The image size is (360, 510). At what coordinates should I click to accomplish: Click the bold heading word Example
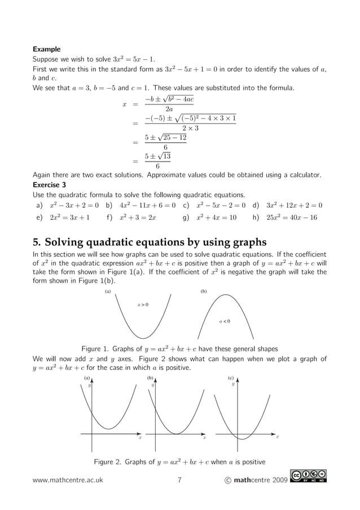tap(46, 49)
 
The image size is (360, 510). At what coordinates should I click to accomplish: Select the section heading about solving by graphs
tap(150, 242)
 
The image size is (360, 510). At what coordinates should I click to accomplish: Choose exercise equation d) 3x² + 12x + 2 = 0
tap(287, 205)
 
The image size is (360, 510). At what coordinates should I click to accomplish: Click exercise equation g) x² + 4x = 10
tap(209, 217)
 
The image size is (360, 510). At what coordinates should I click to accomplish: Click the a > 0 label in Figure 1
tap(143, 305)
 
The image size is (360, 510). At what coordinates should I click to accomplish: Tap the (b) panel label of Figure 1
tap(204, 292)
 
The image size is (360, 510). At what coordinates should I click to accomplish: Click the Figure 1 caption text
tap(179, 348)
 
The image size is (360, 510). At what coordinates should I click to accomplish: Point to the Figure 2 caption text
tap(179, 462)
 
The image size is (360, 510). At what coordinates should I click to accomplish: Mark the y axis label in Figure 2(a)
tap(89, 385)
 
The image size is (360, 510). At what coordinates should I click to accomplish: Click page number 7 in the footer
tap(179, 481)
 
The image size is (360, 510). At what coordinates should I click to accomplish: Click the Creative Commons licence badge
tap(309, 478)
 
